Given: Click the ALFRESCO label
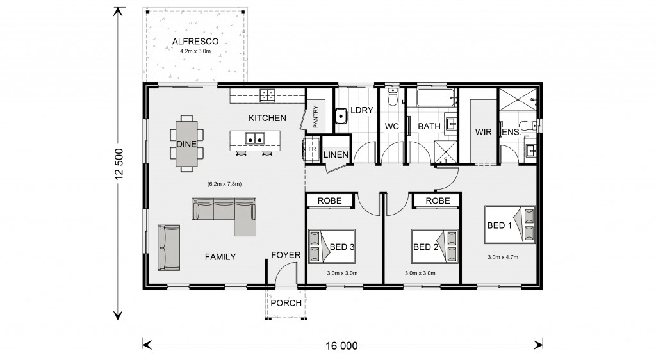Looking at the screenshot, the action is tap(195, 42).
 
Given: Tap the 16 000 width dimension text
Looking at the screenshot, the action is tap(342, 346).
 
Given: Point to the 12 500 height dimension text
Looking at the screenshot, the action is tap(120, 164).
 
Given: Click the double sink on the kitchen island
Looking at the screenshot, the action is tap(255, 138).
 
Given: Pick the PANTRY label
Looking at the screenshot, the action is tap(315, 117).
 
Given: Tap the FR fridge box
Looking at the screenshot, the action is tap(313, 149).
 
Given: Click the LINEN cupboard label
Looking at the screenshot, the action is tap(336, 155).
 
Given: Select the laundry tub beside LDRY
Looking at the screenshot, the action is tap(341, 116).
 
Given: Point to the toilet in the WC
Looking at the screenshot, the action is tap(393, 97).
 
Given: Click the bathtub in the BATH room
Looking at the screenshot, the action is tap(435, 99).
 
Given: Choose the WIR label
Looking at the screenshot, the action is tap(483, 132).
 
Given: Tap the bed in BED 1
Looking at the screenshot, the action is tap(509, 225).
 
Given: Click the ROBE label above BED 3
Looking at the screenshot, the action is tap(330, 200).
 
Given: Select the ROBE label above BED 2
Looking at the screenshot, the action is tap(438, 200).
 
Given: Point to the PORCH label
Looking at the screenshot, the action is tap(286, 303).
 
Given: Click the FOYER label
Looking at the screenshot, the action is tap(286, 255).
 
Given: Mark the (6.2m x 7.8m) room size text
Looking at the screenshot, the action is tap(224, 184).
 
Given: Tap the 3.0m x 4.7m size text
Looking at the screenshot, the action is tap(503, 257).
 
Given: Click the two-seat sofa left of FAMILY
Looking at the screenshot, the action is tap(169, 248).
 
